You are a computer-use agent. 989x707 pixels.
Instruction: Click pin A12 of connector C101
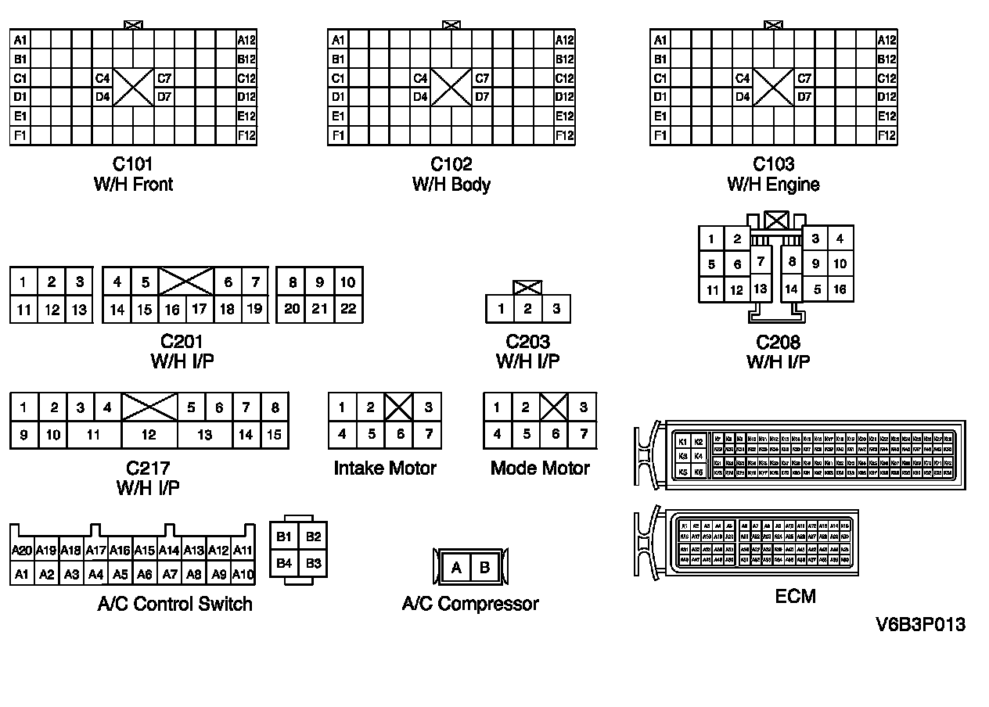(x=246, y=40)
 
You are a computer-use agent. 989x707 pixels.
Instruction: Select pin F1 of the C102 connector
(x=337, y=135)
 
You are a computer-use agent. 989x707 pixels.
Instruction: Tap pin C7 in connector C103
(x=805, y=78)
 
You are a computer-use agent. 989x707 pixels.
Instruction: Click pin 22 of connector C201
(x=348, y=309)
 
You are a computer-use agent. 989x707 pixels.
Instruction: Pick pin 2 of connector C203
(x=528, y=309)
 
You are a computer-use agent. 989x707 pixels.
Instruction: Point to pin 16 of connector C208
(x=840, y=289)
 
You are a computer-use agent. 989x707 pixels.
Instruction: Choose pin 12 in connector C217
(x=149, y=435)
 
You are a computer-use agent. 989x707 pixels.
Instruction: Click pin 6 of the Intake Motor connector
(x=401, y=434)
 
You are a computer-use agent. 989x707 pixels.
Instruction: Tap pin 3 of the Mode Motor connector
(x=583, y=407)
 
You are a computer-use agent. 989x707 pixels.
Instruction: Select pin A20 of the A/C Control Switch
(x=22, y=551)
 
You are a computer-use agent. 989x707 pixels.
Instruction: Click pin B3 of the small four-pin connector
(x=313, y=563)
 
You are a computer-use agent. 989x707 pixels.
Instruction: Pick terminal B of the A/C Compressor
(x=484, y=568)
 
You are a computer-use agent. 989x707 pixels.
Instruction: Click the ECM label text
(x=795, y=597)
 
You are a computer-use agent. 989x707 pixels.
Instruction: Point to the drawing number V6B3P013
(x=920, y=625)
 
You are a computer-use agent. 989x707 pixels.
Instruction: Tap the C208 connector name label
(x=778, y=343)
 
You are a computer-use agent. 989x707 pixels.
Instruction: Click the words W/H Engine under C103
(x=773, y=185)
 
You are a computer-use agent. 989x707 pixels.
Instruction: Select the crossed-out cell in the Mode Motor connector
(x=555, y=407)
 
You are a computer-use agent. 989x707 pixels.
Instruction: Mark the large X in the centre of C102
(x=451, y=88)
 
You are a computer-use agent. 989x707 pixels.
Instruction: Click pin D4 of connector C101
(x=102, y=97)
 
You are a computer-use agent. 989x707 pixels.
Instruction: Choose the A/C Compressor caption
(x=470, y=604)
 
